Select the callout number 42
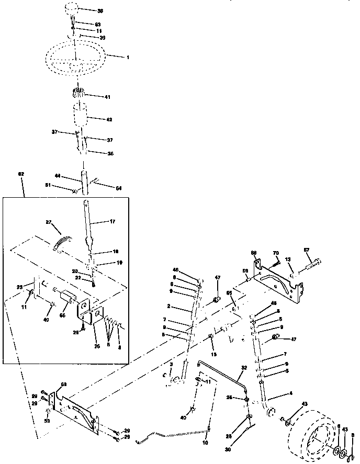click(108, 119)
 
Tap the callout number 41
click(107, 97)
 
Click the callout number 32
click(243, 368)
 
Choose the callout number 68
click(63, 385)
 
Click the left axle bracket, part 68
click(78, 411)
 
